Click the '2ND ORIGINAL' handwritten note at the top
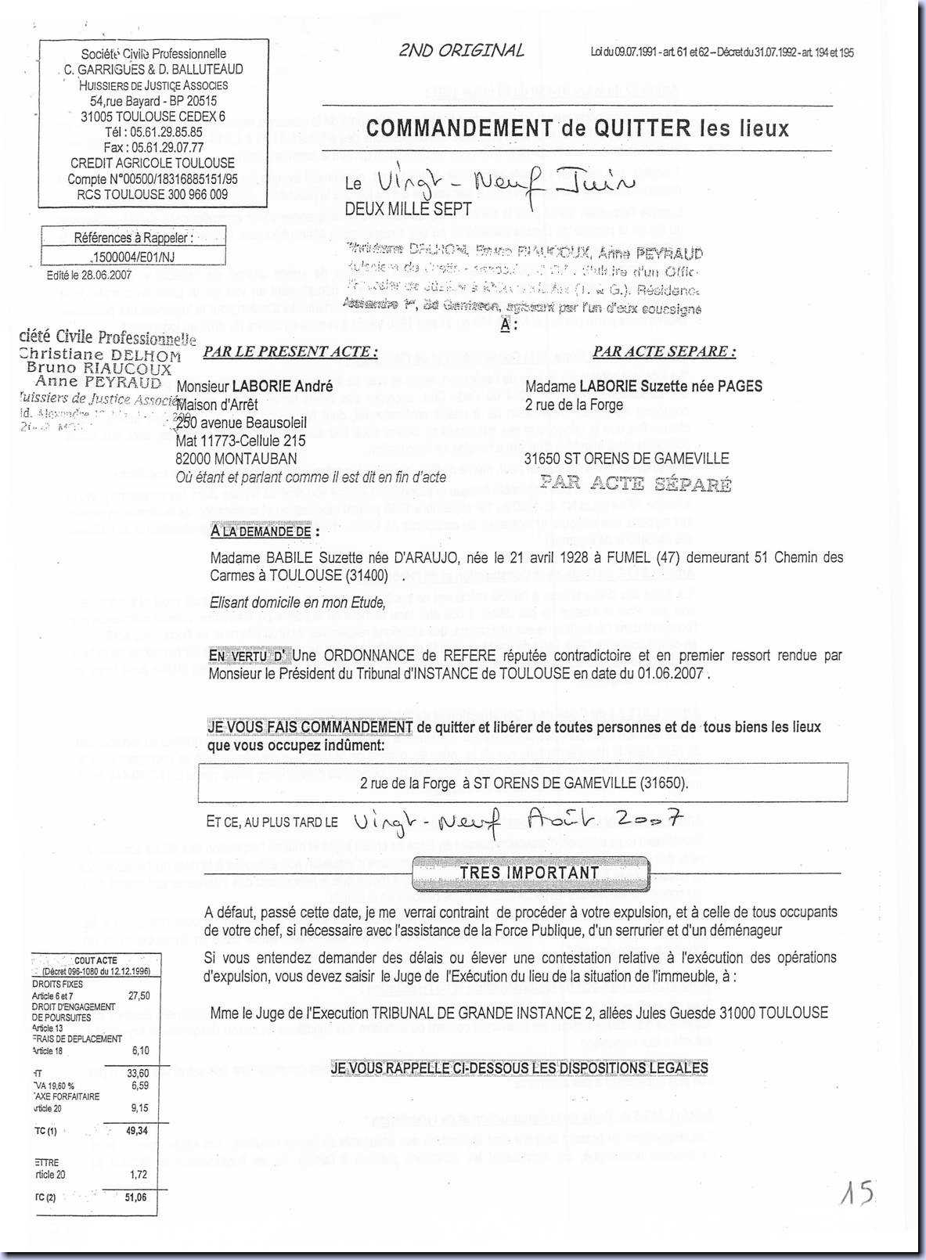[x=461, y=51]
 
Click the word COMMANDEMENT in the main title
[x=459, y=128]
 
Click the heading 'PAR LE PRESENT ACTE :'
[x=290, y=351]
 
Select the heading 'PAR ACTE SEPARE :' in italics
[x=664, y=351]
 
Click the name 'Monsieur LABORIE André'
[x=254, y=386]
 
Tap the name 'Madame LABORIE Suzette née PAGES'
[x=643, y=386]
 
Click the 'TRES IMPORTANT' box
[x=530, y=873]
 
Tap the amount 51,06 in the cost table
[x=136, y=1197]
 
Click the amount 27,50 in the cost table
[x=139, y=995]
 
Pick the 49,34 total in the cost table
[x=136, y=1130]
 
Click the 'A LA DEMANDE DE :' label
[x=265, y=531]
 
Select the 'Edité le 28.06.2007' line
[x=89, y=275]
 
